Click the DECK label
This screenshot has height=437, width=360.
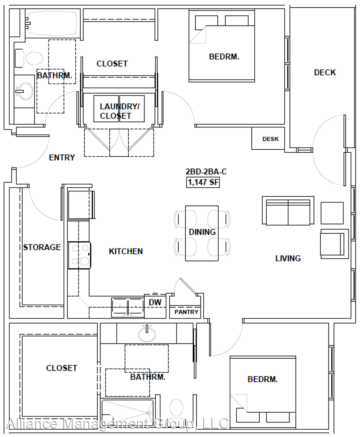pos(325,72)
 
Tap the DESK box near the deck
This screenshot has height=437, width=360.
pos(268,138)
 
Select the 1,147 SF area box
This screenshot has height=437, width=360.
pos(203,182)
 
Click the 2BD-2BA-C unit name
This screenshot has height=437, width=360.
pos(206,172)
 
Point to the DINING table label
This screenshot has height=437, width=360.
pos(202,232)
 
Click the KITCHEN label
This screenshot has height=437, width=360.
pos(126,251)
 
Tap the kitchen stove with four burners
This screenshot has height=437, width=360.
pos(79,255)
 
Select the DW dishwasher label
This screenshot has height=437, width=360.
pos(155,302)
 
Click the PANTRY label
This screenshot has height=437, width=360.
pos(186,312)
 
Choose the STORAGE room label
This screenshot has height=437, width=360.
pos(42,247)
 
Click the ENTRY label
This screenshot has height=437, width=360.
pos(62,157)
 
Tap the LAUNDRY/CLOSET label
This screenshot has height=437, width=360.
pos(119,111)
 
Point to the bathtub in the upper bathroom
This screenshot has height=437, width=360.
pos(51,23)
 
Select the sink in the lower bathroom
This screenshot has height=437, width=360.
pos(147,333)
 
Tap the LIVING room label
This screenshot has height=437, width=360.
pos(288,258)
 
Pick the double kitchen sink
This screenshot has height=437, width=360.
pos(128,308)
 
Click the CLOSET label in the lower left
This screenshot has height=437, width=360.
pos(62,368)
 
